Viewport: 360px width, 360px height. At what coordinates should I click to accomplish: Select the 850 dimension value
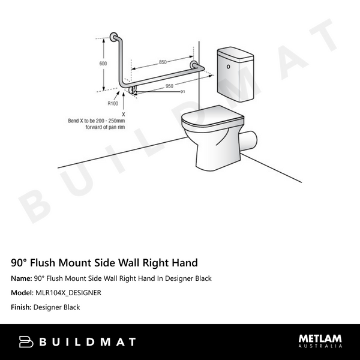pos(163,62)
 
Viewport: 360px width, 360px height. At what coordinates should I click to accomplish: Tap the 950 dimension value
pos(170,86)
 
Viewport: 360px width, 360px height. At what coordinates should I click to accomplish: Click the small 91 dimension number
pos(182,91)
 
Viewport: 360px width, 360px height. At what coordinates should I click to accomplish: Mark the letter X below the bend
pos(123,113)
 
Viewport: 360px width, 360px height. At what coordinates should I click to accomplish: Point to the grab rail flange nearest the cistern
pos(194,65)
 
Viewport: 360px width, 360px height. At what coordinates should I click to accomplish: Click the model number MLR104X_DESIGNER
pos(67,293)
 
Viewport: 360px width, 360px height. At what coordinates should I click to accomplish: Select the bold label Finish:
pos(21,307)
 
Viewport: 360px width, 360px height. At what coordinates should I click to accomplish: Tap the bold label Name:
pos(21,278)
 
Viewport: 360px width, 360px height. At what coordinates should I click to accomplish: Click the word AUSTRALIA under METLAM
pos(321,347)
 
